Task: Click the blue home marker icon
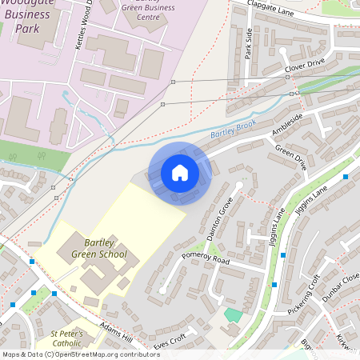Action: point(180,173)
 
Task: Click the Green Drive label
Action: point(290,157)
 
